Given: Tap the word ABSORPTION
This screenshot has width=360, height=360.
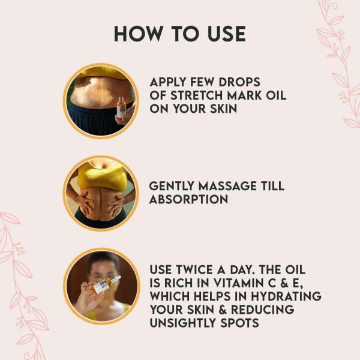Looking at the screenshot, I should [x=189, y=199].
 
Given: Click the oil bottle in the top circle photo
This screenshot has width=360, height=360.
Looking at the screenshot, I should [x=122, y=108].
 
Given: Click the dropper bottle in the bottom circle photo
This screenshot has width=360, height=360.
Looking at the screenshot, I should [x=106, y=284].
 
